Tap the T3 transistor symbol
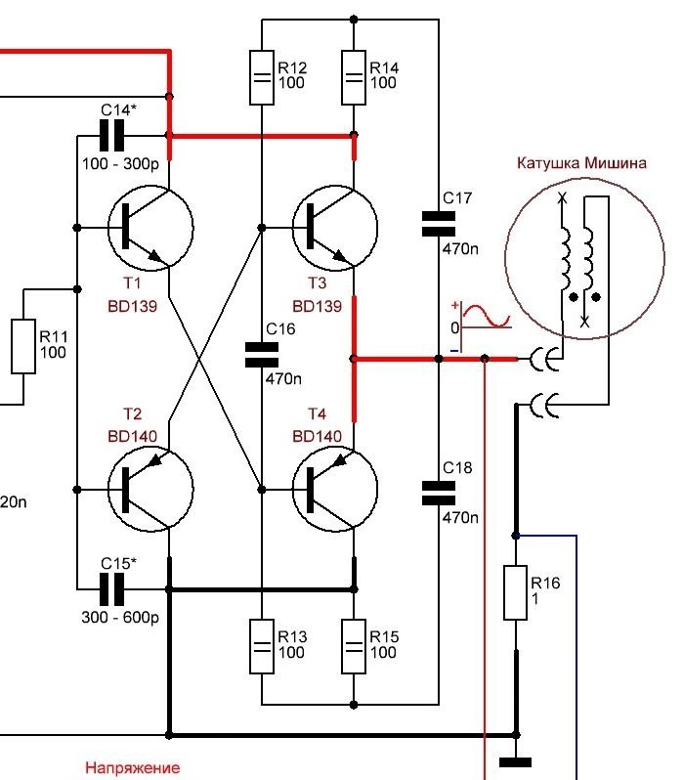(335, 229)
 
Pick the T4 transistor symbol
(335, 489)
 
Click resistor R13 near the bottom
(261, 646)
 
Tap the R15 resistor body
(354, 646)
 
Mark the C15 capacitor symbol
(114, 588)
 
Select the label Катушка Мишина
(582, 163)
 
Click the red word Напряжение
(132, 768)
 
